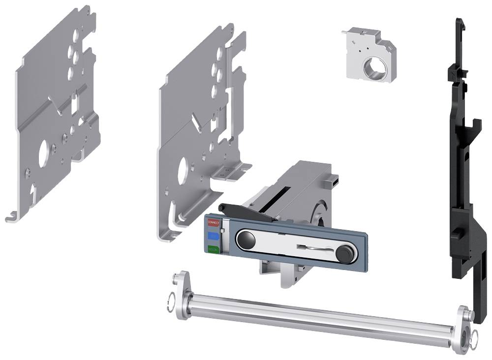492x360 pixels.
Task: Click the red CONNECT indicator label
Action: [213, 222]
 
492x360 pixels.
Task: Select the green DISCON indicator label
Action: [213, 249]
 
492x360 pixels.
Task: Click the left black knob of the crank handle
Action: [245, 240]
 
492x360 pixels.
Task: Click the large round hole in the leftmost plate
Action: [43, 150]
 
